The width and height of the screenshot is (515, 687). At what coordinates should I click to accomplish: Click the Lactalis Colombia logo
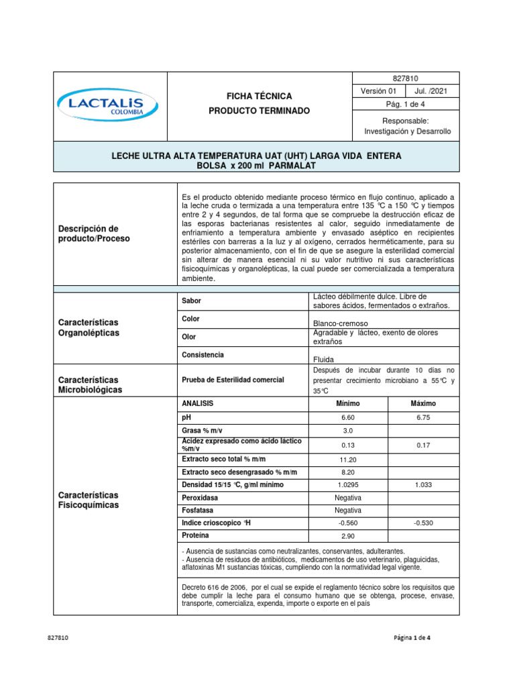[x=107, y=105]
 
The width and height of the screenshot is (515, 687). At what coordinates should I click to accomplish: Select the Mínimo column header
[x=347, y=403]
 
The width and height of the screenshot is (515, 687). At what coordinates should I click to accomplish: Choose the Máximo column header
[x=423, y=403]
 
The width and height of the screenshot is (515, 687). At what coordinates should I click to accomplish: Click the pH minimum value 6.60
[x=347, y=417]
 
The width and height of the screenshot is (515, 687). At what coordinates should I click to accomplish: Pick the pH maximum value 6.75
[x=423, y=417]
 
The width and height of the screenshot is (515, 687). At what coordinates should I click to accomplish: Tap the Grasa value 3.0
[x=347, y=431]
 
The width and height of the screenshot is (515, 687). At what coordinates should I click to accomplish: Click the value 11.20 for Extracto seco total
[x=347, y=460]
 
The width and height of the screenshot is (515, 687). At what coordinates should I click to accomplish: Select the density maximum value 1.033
[x=423, y=485]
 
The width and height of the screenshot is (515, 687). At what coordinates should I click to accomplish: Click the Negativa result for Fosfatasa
[x=347, y=511]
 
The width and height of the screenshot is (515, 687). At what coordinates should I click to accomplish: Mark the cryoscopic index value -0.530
[x=423, y=523]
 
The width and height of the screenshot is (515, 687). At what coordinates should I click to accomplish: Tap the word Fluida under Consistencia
[x=323, y=359]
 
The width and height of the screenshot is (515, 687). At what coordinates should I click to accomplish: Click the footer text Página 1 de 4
[x=412, y=638]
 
